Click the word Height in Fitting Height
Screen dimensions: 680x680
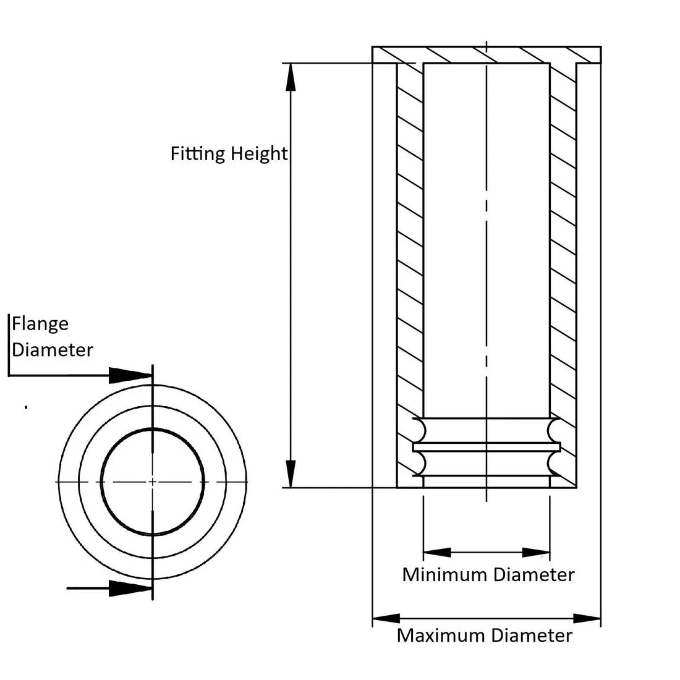pyautogui.click(x=258, y=153)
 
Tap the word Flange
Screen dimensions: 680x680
pyautogui.click(x=40, y=324)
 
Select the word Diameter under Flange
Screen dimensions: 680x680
pyautogui.click(x=53, y=350)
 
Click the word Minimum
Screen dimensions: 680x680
pyautogui.click(x=444, y=575)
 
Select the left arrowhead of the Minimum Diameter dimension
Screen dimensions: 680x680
pyautogui.click(x=438, y=552)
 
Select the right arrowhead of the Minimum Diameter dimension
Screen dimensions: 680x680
pyautogui.click(x=536, y=552)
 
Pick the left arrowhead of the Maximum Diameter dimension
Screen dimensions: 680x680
pyautogui.click(x=386, y=618)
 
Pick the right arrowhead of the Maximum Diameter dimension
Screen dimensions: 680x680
pyautogui.click(x=587, y=618)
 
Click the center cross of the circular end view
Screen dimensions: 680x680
pyautogui.click(x=152, y=481)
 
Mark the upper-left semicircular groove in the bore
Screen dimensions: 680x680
pyautogui.click(x=418, y=428)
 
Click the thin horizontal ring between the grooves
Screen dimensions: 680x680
pyautogui.click(x=486, y=446)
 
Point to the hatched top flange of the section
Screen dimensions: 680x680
pyautogui.click(x=486, y=54)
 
